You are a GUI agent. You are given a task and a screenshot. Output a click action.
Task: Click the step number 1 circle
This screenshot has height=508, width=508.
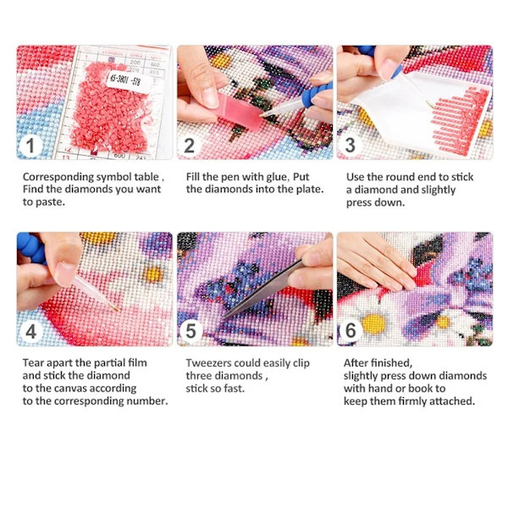click(30, 146)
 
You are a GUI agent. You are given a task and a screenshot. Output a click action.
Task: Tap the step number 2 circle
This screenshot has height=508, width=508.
click(190, 146)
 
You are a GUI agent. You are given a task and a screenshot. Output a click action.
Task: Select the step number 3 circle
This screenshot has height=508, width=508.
click(350, 145)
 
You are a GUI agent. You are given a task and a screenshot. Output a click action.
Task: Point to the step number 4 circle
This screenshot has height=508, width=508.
click(30, 331)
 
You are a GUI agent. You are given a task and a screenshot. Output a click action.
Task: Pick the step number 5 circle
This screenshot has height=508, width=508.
click(190, 331)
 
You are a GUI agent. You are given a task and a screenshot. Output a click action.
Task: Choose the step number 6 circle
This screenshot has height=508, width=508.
click(351, 330)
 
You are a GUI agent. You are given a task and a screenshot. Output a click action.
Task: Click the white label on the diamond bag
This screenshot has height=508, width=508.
click(126, 80)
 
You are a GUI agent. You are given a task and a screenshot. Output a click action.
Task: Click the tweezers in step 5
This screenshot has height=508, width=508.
click(262, 290)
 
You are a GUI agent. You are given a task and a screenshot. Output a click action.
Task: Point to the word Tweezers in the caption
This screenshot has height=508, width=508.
click(207, 363)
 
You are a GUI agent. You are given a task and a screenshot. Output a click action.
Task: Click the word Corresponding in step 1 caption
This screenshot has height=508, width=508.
click(58, 177)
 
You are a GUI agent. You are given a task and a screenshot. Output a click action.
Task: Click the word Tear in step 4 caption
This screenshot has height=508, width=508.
click(32, 363)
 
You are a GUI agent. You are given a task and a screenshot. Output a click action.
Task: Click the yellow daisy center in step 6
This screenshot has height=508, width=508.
click(373, 324)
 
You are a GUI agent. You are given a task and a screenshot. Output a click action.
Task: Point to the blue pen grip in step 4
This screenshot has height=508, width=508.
click(31, 247)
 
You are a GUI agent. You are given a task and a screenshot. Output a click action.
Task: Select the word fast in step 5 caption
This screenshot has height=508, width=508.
click(234, 388)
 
